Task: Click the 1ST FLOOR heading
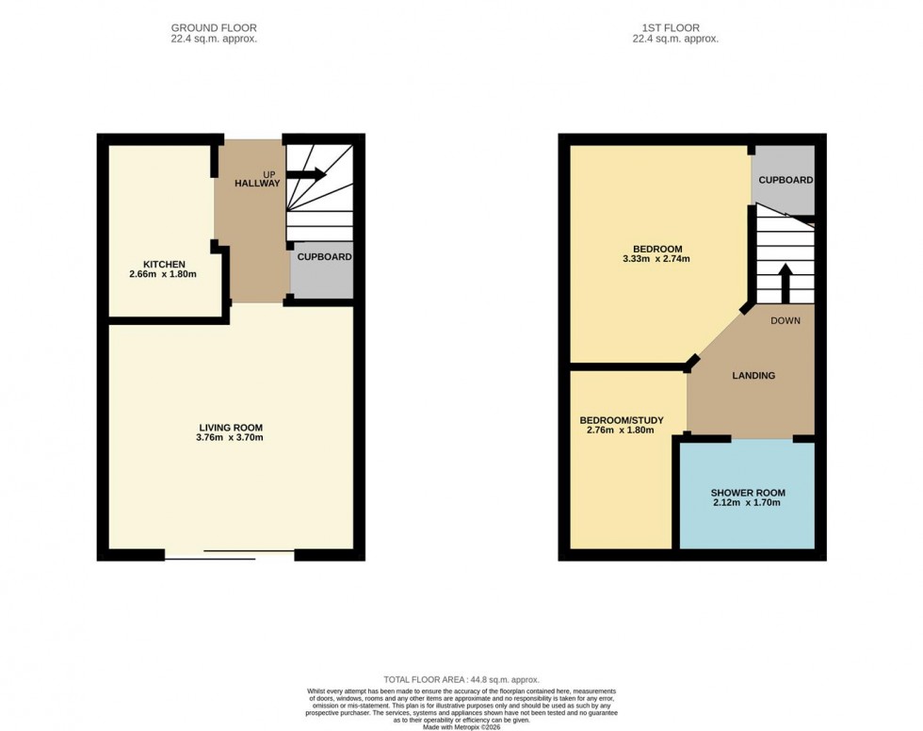675,28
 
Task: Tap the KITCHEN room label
164,264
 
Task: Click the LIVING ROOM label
230,426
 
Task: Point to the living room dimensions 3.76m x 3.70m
230,437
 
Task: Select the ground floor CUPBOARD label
324,256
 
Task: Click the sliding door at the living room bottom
231,555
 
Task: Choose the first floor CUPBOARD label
785,180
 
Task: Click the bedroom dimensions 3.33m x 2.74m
656,259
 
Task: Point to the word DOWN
785,320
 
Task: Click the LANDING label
753,376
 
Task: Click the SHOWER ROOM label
748,493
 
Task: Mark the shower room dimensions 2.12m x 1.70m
748,504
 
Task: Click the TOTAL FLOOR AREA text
461,680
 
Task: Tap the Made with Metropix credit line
461,726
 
